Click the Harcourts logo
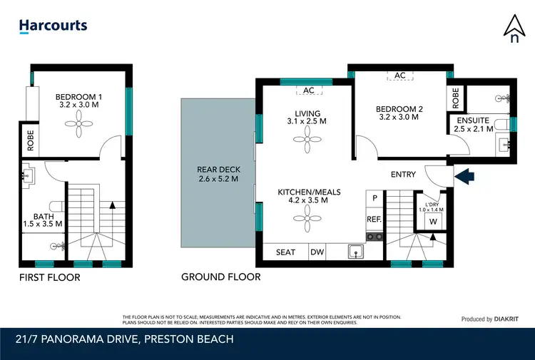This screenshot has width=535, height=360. [x=53, y=26]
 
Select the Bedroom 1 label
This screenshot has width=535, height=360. [x=80, y=101]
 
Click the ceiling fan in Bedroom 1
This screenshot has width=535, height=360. [x=79, y=126]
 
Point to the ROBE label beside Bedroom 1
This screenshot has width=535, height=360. [x=31, y=141]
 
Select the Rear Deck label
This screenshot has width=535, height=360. [x=218, y=174]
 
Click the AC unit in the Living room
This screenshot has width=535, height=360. [x=309, y=91]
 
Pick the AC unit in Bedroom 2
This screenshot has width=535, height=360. [x=400, y=76]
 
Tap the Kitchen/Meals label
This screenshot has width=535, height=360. [x=309, y=196]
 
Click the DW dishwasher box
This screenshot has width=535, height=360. [x=317, y=252]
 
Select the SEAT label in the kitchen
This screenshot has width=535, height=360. [x=285, y=252]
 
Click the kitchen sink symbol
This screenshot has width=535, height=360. [x=354, y=251]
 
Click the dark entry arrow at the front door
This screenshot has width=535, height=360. [x=463, y=175]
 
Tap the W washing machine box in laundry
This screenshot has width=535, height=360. [x=433, y=221]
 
